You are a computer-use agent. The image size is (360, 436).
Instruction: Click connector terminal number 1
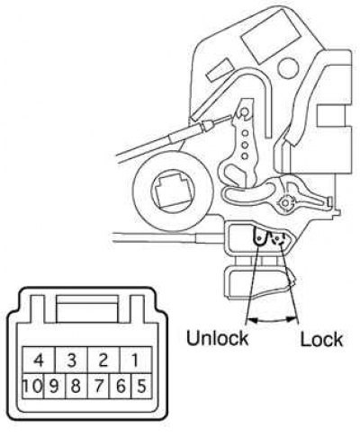(x=136, y=360)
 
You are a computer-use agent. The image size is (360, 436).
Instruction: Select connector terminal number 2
(x=103, y=360)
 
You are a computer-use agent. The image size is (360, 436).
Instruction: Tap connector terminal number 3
(x=71, y=360)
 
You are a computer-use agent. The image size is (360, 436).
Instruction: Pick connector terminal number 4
(x=39, y=360)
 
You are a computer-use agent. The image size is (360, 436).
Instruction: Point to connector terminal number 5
(x=141, y=386)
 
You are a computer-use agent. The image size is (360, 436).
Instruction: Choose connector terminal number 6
(x=121, y=386)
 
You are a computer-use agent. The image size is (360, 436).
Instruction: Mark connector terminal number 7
(x=99, y=386)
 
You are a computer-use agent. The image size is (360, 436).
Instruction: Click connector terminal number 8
(x=76, y=386)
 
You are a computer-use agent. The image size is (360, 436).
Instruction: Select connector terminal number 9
(x=54, y=386)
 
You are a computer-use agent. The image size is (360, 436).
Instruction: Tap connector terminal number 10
(x=33, y=386)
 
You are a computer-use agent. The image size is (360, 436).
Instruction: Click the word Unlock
(x=218, y=338)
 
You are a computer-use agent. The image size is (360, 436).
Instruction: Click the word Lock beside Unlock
(x=321, y=339)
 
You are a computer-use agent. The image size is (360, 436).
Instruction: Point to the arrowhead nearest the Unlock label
(x=253, y=320)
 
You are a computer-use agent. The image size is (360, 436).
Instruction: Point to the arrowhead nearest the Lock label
(x=292, y=319)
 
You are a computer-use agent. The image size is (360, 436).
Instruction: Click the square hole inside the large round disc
(x=169, y=191)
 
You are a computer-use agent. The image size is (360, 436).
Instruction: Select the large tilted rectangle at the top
(x=271, y=36)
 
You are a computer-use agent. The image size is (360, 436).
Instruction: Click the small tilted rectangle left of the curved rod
(x=220, y=70)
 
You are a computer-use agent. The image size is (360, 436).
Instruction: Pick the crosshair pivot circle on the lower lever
(x=285, y=203)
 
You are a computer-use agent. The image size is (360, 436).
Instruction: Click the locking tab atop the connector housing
(x=87, y=308)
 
